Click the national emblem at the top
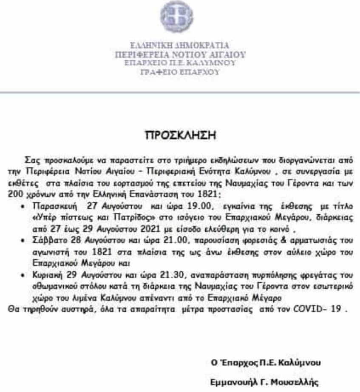coord(176,17)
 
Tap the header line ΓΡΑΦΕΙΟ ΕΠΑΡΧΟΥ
coord(180,72)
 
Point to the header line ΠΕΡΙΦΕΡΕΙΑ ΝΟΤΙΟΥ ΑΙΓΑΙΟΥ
coord(180,54)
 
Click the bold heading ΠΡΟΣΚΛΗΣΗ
coord(180,136)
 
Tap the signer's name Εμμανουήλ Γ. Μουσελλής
coord(264,382)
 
